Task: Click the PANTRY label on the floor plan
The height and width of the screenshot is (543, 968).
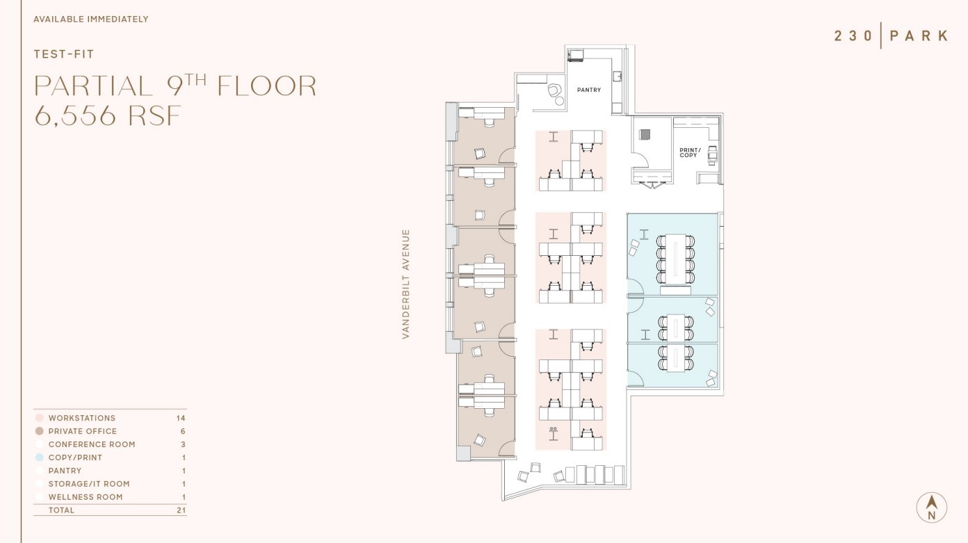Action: pyautogui.click(x=588, y=90)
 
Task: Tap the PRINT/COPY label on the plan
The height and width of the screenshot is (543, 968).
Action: pyautogui.click(x=689, y=153)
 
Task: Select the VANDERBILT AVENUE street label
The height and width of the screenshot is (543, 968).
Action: pyautogui.click(x=406, y=284)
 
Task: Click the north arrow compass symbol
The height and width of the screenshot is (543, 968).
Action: pyautogui.click(x=931, y=507)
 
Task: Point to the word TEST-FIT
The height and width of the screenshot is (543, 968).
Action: pyautogui.click(x=64, y=54)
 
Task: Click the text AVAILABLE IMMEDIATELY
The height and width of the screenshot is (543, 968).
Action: pyautogui.click(x=91, y=19)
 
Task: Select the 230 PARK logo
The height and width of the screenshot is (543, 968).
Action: pyautogui.click(x=891, y=35)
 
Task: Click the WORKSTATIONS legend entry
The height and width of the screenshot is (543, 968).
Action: pyautogui.click(x=82, y=419)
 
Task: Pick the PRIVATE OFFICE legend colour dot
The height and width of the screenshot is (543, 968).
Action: pyautogui.click(x=40, y=432)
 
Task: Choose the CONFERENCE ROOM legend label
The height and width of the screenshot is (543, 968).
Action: pyautogui.click(x=92, y=445)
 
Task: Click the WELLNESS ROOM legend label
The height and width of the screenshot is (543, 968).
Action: pyautogui.click(x=86, y=497)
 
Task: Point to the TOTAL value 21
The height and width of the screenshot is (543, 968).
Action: pyautogui.click(x=181, y=510)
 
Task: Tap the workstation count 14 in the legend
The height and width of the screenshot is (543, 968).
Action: pyautogui.click(x=181, y=419)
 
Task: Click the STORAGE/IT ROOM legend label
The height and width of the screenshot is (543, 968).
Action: pyautogui.click(x=89, y=484)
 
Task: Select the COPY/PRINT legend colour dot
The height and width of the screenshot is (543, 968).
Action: pyautogui.click(x=40, y=457)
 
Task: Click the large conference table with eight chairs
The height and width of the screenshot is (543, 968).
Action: pyautogui.click(x=675, y=259)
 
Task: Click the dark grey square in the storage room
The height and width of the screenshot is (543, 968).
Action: pyautogui.click(x=645, y=134)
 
